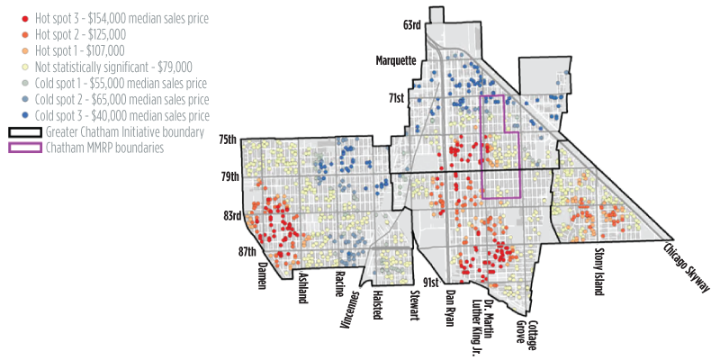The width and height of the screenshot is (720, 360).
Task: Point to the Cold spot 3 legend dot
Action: (x=13, y=116)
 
